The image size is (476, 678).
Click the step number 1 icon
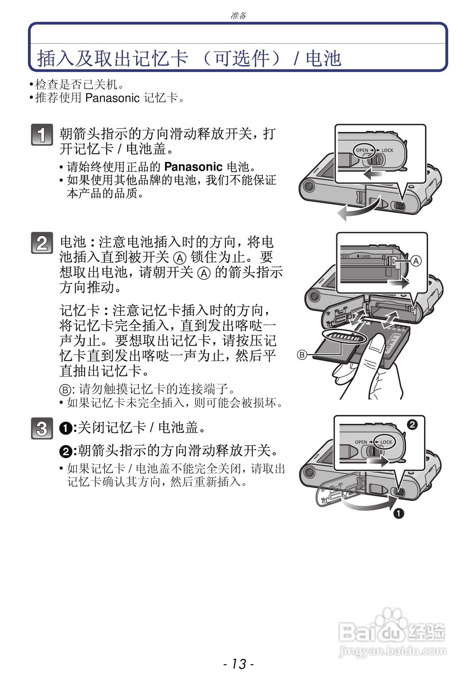42,135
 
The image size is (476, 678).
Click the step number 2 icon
42,243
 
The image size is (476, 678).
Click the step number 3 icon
42,428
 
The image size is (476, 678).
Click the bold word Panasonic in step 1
193,167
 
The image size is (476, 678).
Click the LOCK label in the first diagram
387,150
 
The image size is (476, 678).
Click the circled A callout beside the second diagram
416,261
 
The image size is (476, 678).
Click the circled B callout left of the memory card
302,355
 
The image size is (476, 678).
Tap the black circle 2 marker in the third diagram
412,425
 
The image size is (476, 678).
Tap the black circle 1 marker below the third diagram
399,513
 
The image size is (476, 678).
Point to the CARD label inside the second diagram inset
365,256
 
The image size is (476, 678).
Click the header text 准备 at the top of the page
238,15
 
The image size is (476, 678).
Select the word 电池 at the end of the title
323,59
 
